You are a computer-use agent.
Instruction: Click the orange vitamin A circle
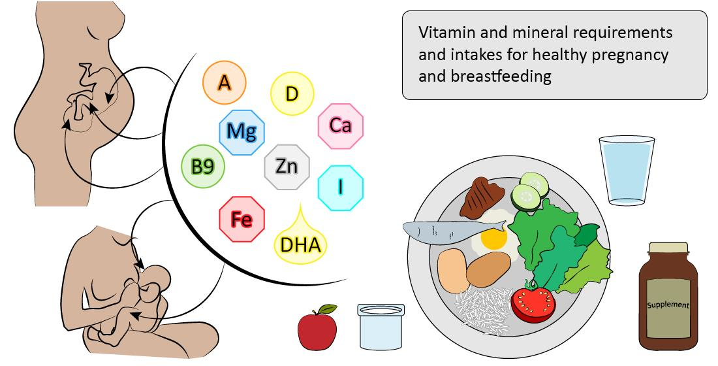[x=224, y=83]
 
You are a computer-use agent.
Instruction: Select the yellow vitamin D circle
[x=292, y=94]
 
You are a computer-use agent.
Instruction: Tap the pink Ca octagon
[x=341, y=125]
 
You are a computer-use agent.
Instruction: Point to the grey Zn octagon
[x=286, y=167]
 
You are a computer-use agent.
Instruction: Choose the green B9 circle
[x=202, y=167]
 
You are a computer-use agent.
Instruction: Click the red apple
[x=317, y=330]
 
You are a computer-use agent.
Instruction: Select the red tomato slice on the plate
[x=533, y=303]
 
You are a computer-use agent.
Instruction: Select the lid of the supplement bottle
[x=668, y=248]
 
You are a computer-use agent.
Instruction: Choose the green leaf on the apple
[x=328, y=308]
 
